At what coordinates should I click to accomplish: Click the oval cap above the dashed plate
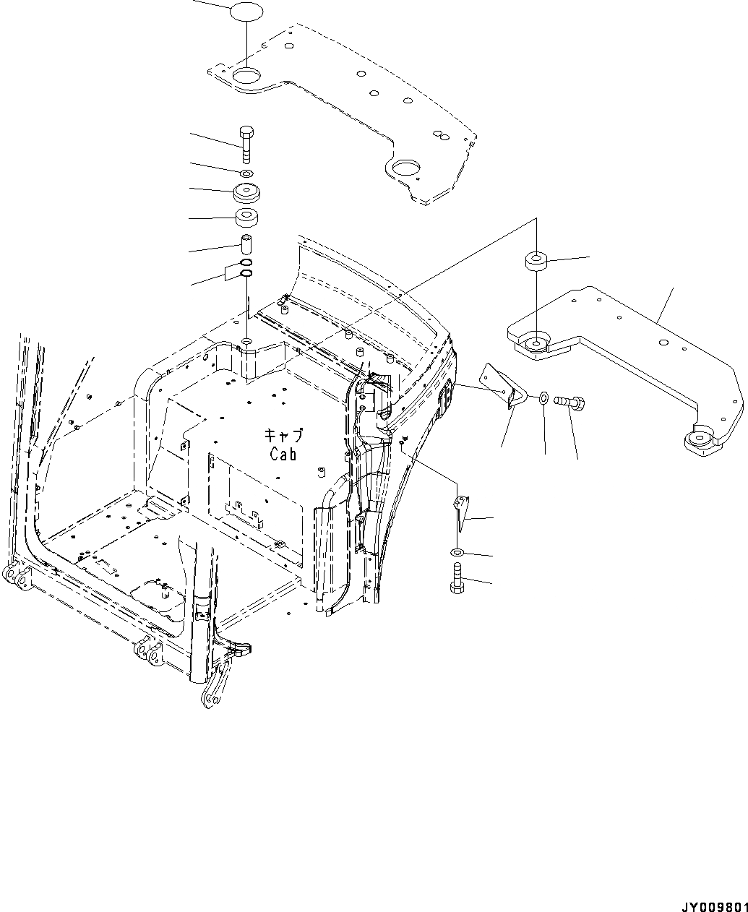click(246, 13)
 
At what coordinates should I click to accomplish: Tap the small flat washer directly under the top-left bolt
click(246, 174)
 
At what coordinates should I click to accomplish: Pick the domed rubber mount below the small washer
click(246, 194)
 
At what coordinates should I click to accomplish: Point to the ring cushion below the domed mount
click(246, 217)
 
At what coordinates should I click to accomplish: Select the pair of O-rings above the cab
click(246, 267)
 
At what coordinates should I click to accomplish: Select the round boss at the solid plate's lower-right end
click(699, 440)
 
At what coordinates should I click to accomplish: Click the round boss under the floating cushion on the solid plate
click(536, 343)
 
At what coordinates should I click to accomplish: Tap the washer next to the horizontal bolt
click(543, 397)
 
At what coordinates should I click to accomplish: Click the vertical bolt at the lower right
click(457, 579)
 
